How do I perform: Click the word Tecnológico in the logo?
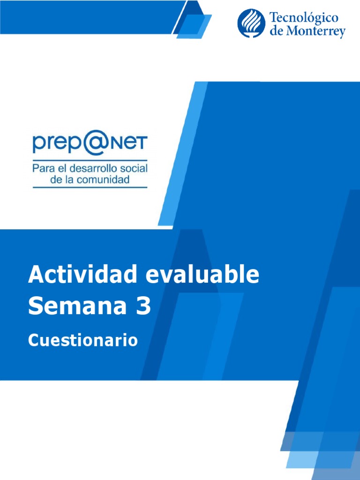point(304,18)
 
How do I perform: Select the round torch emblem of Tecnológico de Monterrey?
point(251,23)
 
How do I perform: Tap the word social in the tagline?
point(132,168)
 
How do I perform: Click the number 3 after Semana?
point(144,306)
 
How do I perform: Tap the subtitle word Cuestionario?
point(83,340)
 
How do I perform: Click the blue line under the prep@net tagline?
point(90,187)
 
